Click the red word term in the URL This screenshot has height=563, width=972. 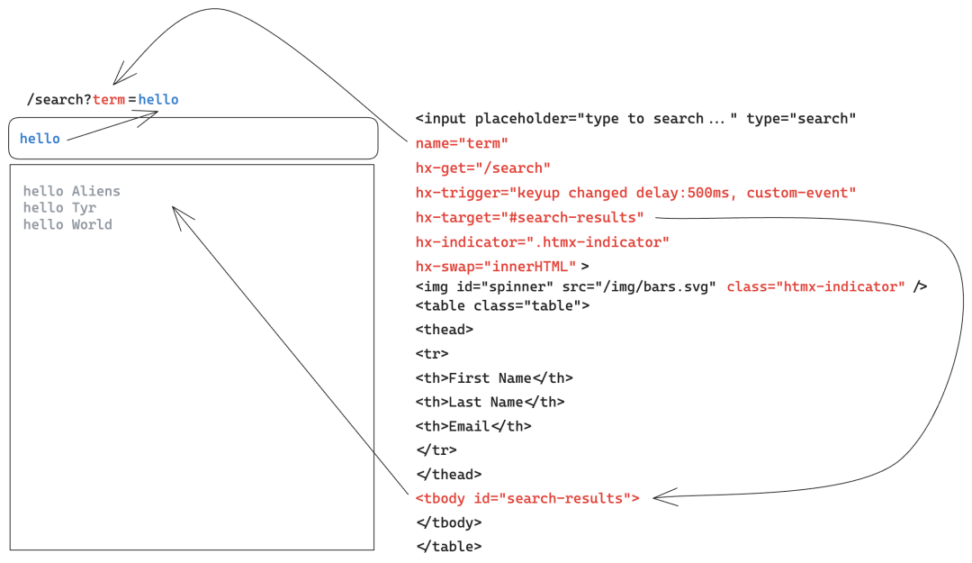[109, 100]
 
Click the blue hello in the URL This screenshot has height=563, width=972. [158, 100]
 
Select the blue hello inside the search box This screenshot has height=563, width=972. [40, 139]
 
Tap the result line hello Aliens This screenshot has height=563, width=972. [71, 191]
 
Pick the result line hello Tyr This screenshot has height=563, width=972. [59, 208]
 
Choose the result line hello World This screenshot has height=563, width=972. [67, 224]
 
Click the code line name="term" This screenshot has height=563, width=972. [462, 143]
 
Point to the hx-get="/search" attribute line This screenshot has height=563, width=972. [482, 168]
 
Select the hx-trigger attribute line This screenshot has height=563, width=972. [635, 193]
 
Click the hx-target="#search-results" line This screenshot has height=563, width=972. [529, 218]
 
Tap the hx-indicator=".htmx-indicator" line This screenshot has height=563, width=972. [543, 242]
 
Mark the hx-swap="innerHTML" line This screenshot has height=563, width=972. [496, 267]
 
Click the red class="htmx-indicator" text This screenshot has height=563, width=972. [815, 286]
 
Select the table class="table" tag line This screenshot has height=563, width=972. [502, 305]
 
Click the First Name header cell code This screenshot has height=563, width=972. [494, 378]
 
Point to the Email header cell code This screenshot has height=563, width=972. [473, 427]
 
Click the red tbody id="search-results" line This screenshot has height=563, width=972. [527, 498]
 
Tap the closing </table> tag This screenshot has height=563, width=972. [448, 546]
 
